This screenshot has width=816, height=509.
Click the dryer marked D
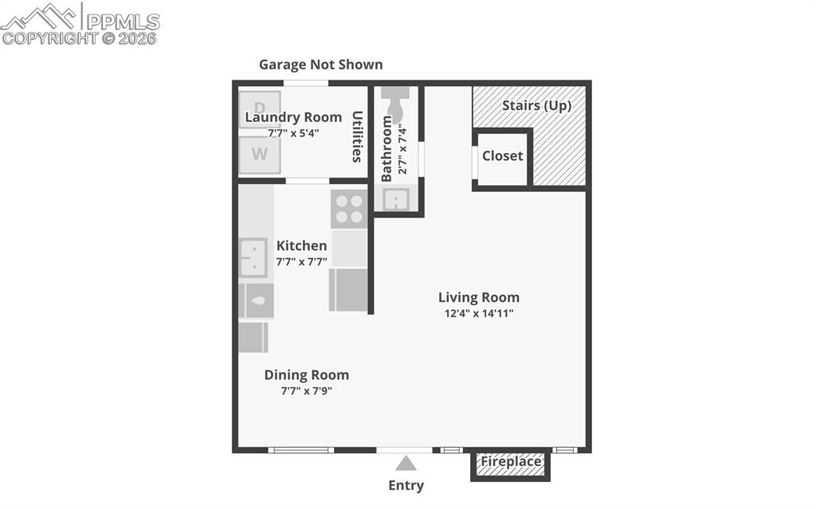pyautogui.click(x=260, y=108)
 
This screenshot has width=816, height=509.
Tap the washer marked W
pyautogui.click(x=260, y=155)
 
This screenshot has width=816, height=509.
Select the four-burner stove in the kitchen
pyautogui.click(x=348, y=208)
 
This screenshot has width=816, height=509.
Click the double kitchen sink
pyautogui.click(x=253, y=257)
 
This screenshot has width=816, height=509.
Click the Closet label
pyautogui.click(x=503, y=156)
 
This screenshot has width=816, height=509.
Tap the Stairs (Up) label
pyautogui.click(x=536, y=105)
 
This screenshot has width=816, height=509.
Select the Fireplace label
pyautogui.click(x=511, y=461)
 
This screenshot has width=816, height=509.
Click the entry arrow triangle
pyautogui.click(x=406, y=463)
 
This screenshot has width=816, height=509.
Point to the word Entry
pyautogui.click(x=406, y=485)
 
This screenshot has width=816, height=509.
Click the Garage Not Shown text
pyautogui.click(x=320, y=65)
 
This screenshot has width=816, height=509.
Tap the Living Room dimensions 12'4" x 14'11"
pyautogui.click(x=479, y=313)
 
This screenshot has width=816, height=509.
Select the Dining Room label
pyautogui.click(x=307, y=375)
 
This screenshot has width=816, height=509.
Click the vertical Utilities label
pyautogui.click(x=358, y=136)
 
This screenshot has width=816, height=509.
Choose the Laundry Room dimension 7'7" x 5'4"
pyautogui.click(x=293, y=133)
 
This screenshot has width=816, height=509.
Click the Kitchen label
pyautogui.click(x=301, y=245)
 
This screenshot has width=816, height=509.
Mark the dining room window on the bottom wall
pyautogui.click(x=300, y=450)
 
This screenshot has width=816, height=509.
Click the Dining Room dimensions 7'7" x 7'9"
pyautogui.click(x=307, y=391)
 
